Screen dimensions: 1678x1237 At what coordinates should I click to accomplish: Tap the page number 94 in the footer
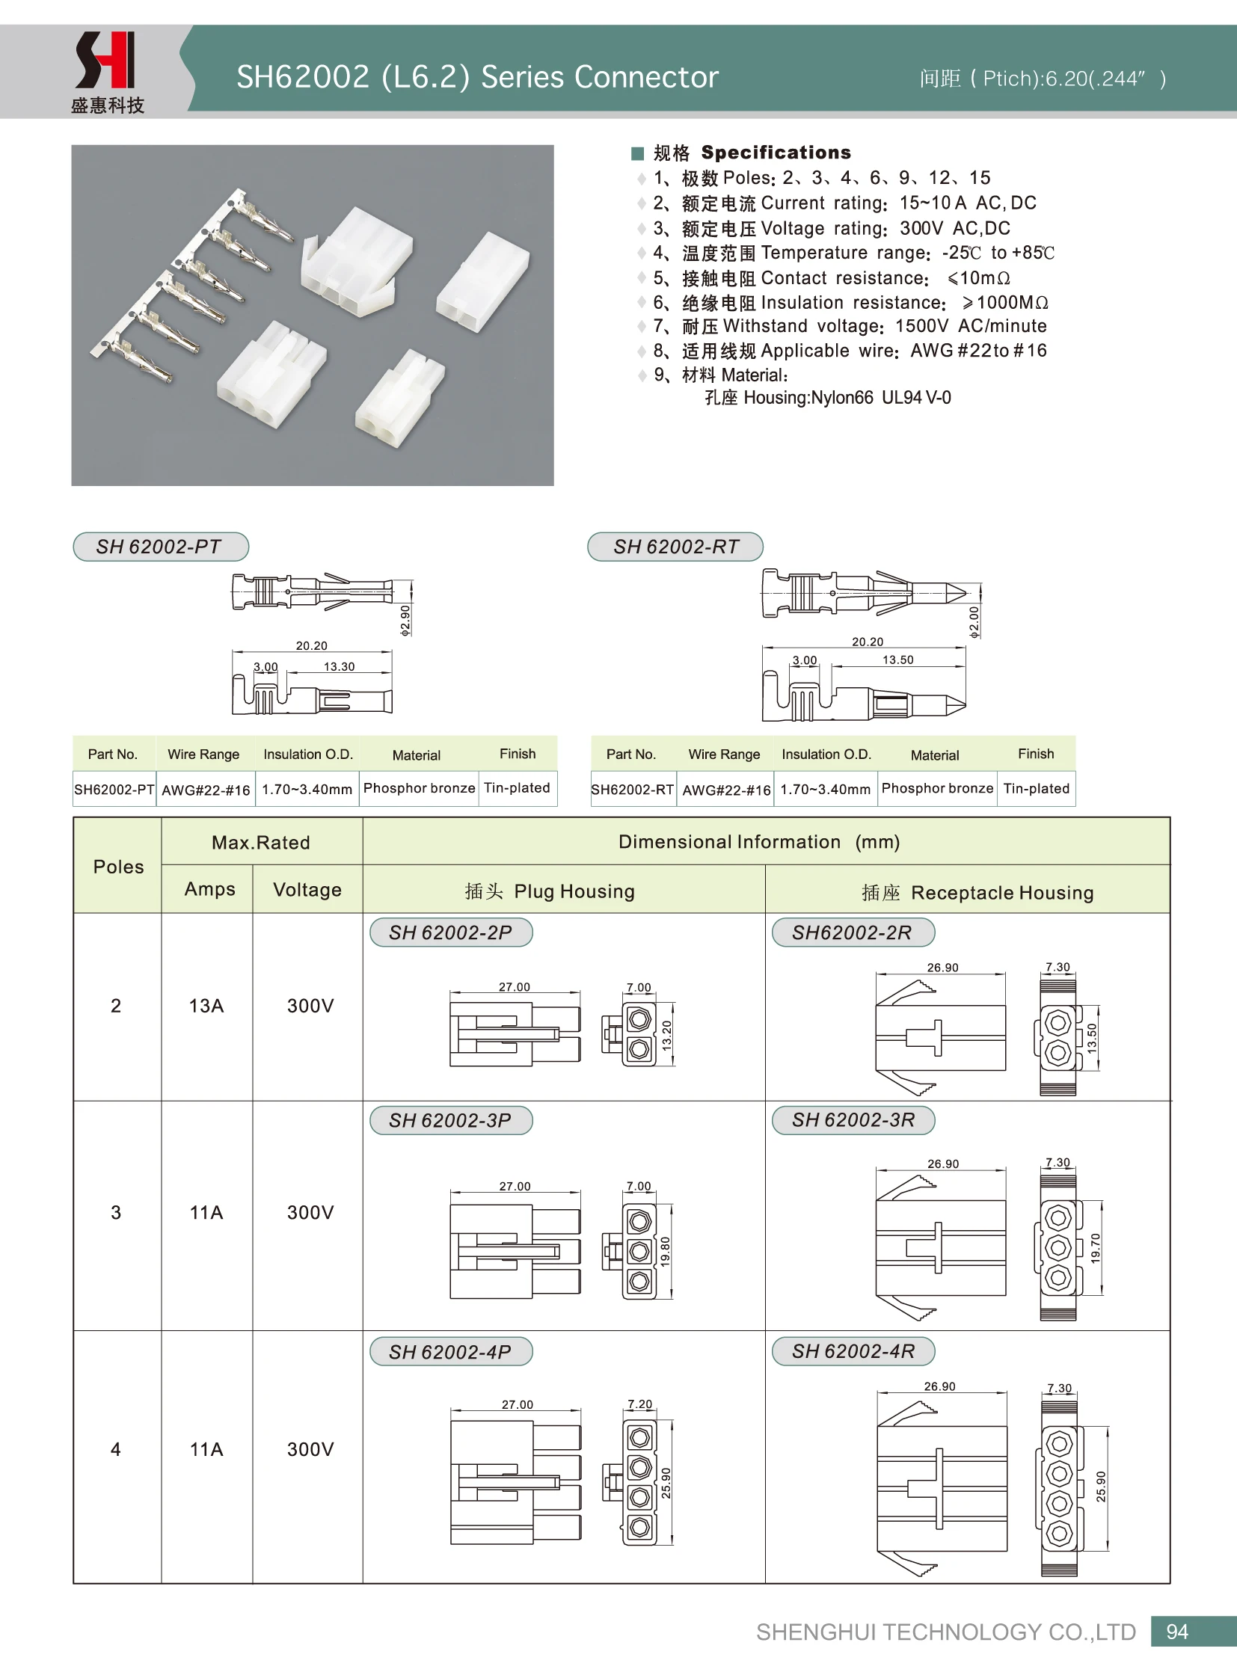click(x=1176, y=1632)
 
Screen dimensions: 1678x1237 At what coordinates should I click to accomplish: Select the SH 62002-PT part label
click(x=160, y=547)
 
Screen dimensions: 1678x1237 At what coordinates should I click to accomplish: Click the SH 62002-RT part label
click(x=675, y=547)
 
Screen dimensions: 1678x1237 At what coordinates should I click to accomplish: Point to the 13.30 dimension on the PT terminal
click(x=340, y=666)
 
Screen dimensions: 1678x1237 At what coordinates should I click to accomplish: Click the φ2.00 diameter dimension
click(x=974, y=622)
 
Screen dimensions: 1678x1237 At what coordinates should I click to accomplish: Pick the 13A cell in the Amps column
click(x=206, y=1006)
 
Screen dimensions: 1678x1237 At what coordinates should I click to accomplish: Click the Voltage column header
click(x=307, y=890)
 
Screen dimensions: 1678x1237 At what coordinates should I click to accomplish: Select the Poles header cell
click(x=118, y=867)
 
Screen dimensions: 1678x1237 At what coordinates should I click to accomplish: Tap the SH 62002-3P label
click(x=450, y=1120)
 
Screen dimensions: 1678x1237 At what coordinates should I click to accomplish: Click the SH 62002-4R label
click(x=853, y=1350)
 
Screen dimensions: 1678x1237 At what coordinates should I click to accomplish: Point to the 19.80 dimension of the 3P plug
click(x=665, y=1251)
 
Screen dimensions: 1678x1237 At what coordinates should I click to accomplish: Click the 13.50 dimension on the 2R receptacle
click(x=1092, y=1038)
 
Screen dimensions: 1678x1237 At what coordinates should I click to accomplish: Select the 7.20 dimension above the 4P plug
click(x=640, y=1404)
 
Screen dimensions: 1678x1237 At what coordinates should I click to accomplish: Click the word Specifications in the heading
click(x=776, y=153)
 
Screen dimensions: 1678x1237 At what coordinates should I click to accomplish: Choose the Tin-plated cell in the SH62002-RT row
click(x=1037, y=788)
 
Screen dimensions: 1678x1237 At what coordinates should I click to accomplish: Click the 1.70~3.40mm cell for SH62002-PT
click(x=307, y=789)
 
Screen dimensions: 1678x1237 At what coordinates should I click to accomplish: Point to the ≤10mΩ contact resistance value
click(x=980, y=278)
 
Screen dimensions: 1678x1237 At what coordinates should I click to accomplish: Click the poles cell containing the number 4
click(x=116, y=1449)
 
